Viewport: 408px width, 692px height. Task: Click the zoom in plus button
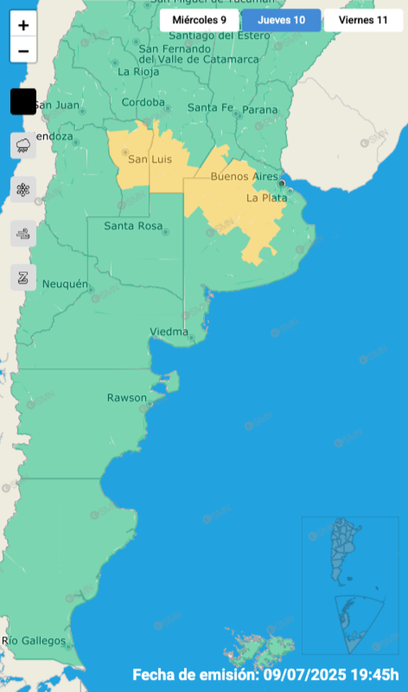tap(23, 25)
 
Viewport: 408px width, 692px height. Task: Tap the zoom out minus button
tap(23, 50)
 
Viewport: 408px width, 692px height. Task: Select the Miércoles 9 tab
tap(199, 20)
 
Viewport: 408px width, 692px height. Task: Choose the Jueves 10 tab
tap(282, 20)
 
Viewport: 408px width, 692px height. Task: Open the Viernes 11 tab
tap(363, 20)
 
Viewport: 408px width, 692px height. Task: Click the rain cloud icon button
tap(23, 145)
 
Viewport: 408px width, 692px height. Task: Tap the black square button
tap(23, 102)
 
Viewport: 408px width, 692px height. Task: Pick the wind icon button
tap(23, 234)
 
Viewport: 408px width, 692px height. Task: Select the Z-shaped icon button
tap(23, 277)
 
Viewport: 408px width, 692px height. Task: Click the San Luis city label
tap(150, 159)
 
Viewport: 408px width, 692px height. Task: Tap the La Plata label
tap(266, 197)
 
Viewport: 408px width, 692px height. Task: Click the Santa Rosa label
tap(133, 226)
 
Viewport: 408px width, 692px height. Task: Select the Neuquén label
tap(65, 284)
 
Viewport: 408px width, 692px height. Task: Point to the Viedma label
tap(169, 331)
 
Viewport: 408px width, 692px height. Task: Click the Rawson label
tap(127, 398)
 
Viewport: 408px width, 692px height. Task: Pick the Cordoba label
tap(143, 102)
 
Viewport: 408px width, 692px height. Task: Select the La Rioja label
tap(138, 72)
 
